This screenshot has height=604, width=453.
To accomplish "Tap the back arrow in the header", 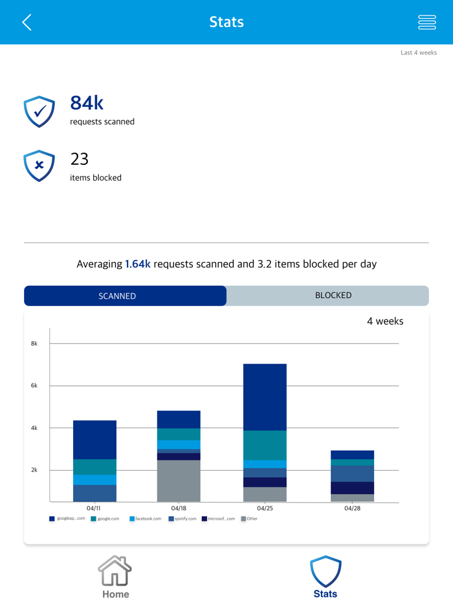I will [27, 23].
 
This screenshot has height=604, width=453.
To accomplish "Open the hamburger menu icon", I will [427, 23].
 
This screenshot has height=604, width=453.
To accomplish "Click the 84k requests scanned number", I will [87, 103].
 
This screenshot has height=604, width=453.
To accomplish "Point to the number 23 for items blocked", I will [79, 159].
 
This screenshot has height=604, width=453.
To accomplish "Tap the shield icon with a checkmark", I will [39, 111].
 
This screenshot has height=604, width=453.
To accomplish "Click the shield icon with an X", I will [39, 166].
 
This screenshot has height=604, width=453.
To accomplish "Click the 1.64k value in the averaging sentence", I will [138, 264].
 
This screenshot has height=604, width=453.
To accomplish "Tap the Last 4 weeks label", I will [418, 52].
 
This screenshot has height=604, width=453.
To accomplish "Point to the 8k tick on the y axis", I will [34, 343].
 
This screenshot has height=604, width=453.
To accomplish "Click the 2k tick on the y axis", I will [34, 470].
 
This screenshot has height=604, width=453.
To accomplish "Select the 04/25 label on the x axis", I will [265, 508].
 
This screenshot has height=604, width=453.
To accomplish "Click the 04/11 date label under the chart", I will [94, 508].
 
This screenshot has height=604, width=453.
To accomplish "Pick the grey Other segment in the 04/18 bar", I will [179, 480].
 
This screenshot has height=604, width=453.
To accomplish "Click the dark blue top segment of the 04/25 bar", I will [265, 397].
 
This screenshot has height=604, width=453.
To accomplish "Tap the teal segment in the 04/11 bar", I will [94, 467].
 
